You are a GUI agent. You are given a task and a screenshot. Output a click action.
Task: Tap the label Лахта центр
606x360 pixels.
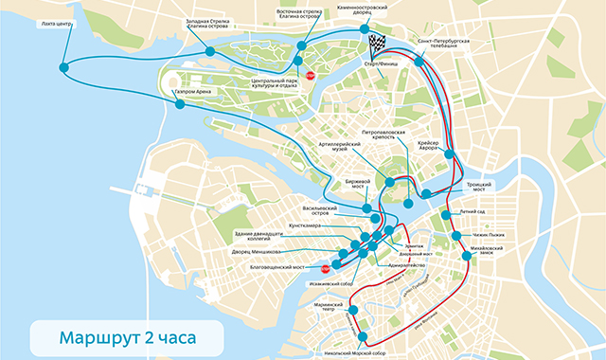(x=52, y=24)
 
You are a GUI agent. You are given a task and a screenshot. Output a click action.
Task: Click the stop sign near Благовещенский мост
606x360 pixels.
(x=325, y=268)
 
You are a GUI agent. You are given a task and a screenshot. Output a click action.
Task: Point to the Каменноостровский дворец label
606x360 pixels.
(x=377, y=9)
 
